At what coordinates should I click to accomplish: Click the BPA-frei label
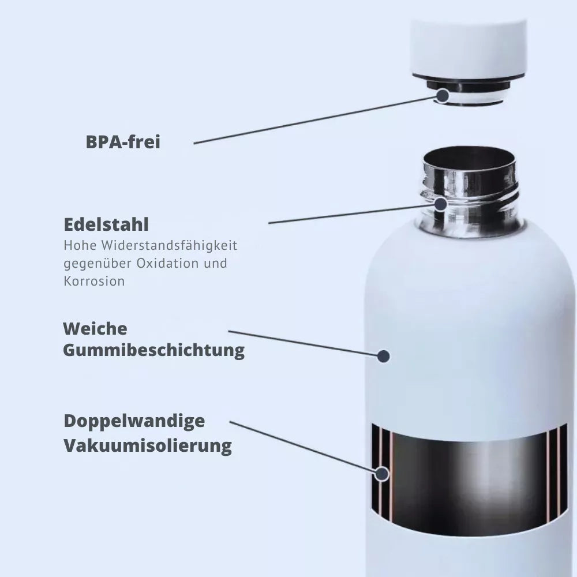coord(123,142)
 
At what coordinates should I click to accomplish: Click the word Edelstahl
coord(106,224)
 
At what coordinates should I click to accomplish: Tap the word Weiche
coord(95,329)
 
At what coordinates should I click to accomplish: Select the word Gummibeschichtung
coord(153,350)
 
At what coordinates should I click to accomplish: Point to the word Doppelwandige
coord(134,421)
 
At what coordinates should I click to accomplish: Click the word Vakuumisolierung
coord(147,445)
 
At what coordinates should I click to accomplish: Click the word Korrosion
coord(94,282)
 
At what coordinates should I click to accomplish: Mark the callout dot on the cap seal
coord(443,95)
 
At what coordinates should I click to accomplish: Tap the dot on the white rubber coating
coord(383,356)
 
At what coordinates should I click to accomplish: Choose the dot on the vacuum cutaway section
coord(381,474)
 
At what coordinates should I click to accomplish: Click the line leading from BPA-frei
coord(312,120)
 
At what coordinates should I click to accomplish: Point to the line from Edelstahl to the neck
coord(352,213)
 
